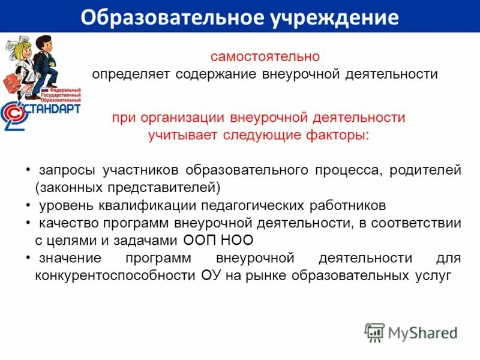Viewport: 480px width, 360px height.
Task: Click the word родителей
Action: (x=425, y=170)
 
